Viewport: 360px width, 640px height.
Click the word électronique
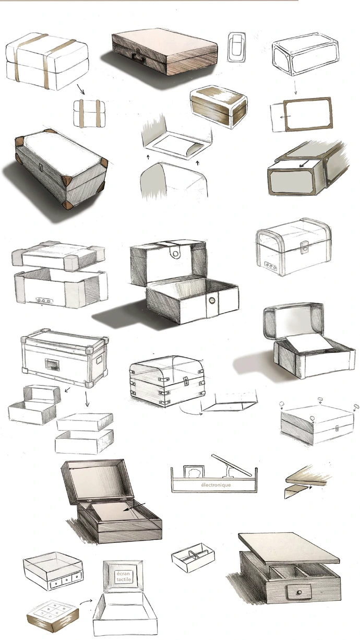coord(215,485)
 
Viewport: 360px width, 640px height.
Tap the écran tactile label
coord(124,576)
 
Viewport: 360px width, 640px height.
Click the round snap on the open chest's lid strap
coord(174,252)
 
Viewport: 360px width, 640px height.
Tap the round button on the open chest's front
coord(211,300)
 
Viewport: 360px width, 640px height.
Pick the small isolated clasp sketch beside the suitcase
coord(236,47)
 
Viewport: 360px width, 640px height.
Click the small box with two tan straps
coord(90,113)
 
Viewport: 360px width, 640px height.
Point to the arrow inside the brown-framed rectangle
coord(285,116)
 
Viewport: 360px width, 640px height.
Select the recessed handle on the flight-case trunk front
coord(51,364)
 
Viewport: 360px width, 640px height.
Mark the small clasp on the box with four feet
coord(337,429)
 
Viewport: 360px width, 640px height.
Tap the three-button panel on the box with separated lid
coord(44,300)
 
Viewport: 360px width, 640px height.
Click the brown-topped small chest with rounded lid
coord(219,106)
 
